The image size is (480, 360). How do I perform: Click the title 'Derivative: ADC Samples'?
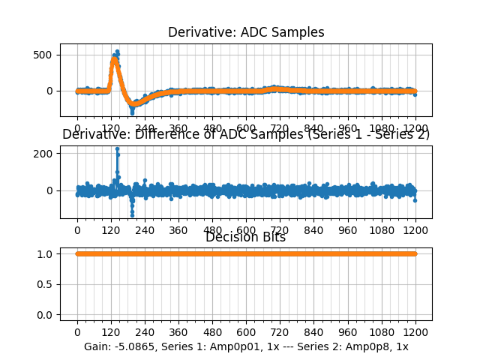pyautogui.click(x=246, y=32)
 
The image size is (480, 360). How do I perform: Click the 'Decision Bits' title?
pyautogui.click(x=246, y=238)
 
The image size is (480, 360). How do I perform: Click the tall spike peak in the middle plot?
pyautogui.click(x=117, y=148)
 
